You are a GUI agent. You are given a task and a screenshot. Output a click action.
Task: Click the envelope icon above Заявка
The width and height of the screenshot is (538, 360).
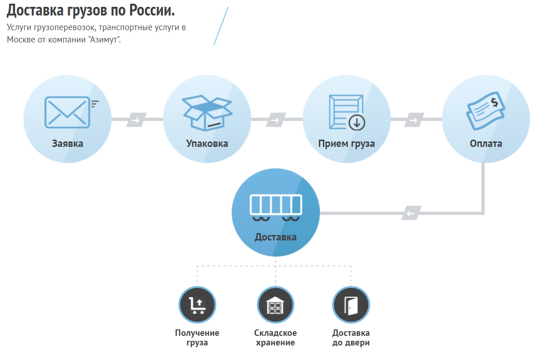[x=67, y=112]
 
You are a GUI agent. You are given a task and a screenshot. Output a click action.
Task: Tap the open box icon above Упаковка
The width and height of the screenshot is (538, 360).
[x=207, y=112]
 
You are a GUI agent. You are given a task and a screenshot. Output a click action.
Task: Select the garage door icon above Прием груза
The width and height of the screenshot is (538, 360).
[x=347, y=112]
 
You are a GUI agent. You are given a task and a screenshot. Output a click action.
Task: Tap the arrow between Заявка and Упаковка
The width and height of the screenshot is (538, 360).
[x=136, y=120]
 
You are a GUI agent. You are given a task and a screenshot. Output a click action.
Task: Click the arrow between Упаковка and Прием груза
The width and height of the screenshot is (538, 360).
[x=276, y=120]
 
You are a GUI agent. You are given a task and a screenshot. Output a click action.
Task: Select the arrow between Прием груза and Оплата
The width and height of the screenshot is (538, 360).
[x=414, y=120]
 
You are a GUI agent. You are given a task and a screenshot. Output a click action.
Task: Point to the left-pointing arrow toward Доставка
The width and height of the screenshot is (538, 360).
[x=411, y=213]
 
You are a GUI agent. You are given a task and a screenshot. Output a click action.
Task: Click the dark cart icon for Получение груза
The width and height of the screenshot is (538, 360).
[x=197, y=305]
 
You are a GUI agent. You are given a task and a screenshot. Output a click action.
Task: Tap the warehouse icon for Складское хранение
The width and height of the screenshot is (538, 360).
[x=275, y=305]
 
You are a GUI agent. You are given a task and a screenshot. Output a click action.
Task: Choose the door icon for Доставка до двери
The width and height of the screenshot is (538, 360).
[x=351, y=305]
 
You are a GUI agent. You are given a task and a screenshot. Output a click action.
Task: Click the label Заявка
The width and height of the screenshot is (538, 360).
[x=67, y=144]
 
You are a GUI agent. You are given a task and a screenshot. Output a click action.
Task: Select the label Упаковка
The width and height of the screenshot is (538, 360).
[x=207, y=144]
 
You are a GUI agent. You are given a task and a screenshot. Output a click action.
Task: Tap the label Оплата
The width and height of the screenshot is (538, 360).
[x=486, y=144]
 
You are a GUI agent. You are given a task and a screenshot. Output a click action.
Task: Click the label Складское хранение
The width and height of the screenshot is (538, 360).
[x=275, y=338]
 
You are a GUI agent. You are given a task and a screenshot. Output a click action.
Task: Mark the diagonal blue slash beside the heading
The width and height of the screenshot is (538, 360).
[x=221, y=26]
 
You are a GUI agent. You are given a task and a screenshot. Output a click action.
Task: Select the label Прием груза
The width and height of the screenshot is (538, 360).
[x=346, y=144]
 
